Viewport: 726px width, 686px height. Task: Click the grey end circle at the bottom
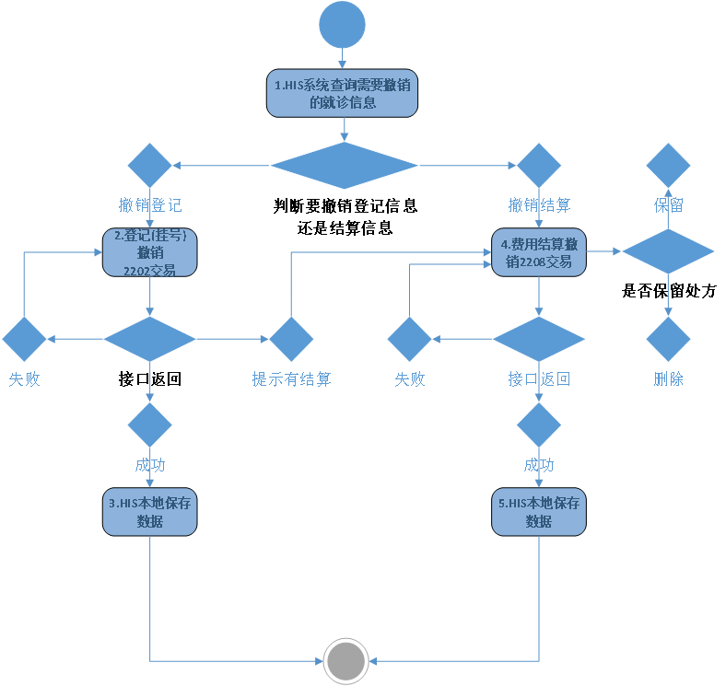(x=346, y=660)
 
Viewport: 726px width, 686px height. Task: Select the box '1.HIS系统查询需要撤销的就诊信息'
(x=343, y=94)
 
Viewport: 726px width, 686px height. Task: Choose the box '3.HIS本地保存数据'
(x=149, y=512)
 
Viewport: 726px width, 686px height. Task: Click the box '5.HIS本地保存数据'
(x=539, y=512)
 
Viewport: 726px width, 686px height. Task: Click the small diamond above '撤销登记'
(x=149, y=166)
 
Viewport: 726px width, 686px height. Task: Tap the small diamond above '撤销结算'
(x=539, y=166)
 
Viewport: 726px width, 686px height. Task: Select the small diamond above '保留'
(x=668, y=166)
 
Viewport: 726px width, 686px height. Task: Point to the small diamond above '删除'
(x=668, y=339)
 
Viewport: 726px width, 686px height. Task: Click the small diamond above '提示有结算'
(x=291, y=339)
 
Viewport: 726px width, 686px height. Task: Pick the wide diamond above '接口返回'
(x=539, y=339)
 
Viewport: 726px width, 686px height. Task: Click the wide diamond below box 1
(x=344, y=166)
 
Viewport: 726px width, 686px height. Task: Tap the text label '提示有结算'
(x=291, y=378)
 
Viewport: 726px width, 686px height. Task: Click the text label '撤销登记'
(x=150, y=204)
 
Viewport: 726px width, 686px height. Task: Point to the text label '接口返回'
(x=539, y=378)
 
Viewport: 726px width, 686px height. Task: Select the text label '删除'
(x=669, y=378)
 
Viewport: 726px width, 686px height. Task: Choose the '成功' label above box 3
(x=150, y=465)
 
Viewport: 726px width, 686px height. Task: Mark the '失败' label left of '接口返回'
(x=410, y=378)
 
